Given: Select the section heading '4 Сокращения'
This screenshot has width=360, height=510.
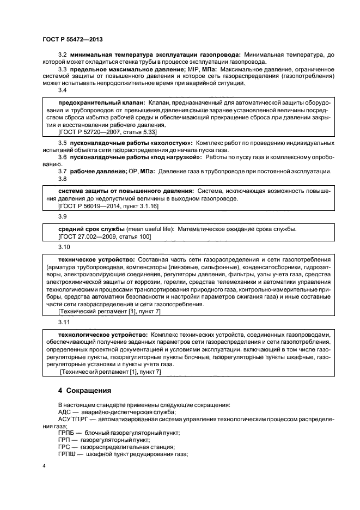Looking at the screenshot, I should (84, 391).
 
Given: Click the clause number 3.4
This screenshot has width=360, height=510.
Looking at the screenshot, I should (63, 90).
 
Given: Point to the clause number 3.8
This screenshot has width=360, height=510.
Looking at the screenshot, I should (63, 179).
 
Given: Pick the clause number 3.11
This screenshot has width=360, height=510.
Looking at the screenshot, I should (64, 323).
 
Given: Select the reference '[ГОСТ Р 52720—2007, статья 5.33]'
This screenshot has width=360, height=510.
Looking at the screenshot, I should (104, 132).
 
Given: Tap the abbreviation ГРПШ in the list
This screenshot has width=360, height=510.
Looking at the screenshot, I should (68, 453).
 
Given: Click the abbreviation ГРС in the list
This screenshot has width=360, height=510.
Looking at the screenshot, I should (65, 446).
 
